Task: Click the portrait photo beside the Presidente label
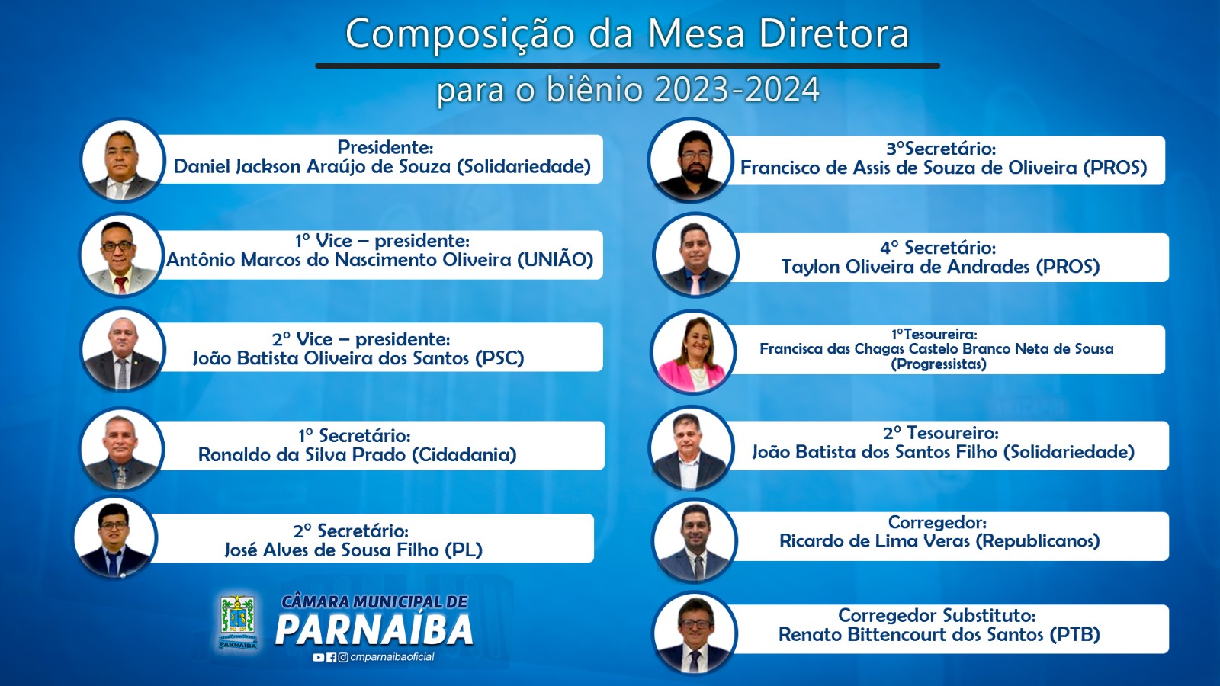point(122,159)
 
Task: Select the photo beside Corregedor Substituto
point(695,633)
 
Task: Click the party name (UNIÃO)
point(554,260)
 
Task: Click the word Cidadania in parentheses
point(464,454)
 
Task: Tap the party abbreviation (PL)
point(464,550)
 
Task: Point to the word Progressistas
point(939,364)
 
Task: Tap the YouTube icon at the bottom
point(319,658)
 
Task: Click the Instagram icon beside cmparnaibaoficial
point(343,658)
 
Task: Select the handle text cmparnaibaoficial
point(392,657)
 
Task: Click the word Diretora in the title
point(833,34)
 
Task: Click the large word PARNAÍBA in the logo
point(374,630)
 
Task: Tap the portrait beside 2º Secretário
point(115,537)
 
